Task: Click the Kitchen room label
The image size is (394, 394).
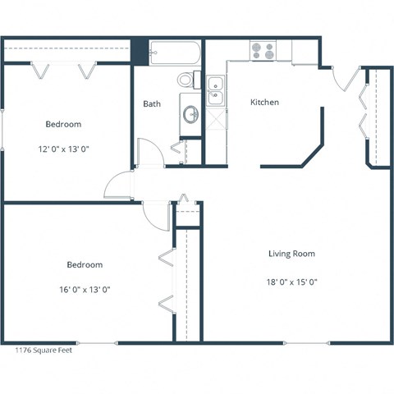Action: pyautogui.click(x=264, y=103)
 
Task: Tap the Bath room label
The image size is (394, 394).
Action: pyautogui.click(x=152, y=104)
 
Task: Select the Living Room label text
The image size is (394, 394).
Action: pyautogui.click(x=291, y=254)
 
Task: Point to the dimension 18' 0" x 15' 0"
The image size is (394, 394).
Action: pyautogui.click(x=291, y=282)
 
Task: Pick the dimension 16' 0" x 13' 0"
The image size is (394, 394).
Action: pyautogui.click(x=85, y=289)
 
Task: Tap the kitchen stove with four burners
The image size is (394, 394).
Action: pyautogui.click(x=263, y=51)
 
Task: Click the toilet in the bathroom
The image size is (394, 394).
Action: pyautogui.click(x=187, y=80)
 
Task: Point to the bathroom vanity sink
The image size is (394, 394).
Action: pyautogui.click(x=190, y=114)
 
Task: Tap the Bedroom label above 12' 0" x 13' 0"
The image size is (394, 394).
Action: pyautogui.click(x=62, y=124)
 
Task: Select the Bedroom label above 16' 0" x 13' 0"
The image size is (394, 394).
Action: pyautogui.click(x=85, y=264)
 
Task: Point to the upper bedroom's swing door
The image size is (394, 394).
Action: pyautogui.click(x=117, y=185)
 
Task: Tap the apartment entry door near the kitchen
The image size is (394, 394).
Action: pyautogui.click(x=346, y=79)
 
